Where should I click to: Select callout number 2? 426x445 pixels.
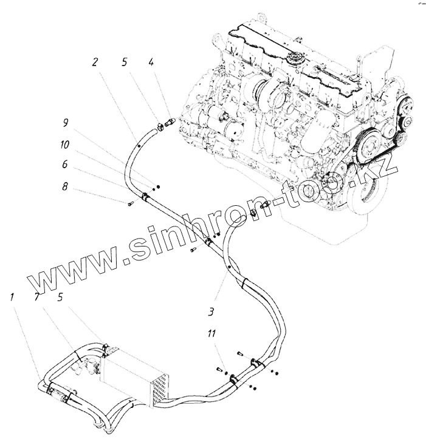pyautogui.click(x=95, y=61)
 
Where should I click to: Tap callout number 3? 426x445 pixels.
pyautogui.click(x=210, y=313)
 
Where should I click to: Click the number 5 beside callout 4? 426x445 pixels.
pyautogui.click(x=125, y=61)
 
